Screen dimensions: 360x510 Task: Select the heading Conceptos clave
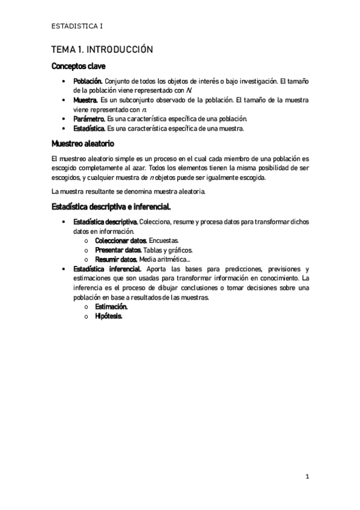click(79, 66)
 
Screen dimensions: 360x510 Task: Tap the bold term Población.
click(88, 81)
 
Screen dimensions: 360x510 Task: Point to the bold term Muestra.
click(85, 100)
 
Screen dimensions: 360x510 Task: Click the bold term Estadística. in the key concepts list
click(89, 129)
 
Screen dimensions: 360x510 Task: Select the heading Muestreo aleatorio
click(83, 144)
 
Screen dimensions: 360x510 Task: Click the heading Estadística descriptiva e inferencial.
click(111, 207)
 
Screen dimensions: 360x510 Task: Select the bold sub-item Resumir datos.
click(115, 259)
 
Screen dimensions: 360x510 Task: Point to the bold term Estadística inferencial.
click(108, 269)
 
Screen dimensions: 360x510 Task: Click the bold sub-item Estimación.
click(111, 307)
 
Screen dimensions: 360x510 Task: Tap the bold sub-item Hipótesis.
click(109, 316)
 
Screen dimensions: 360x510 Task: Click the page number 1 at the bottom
click(307, 477)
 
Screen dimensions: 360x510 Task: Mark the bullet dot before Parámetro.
click(64, 120)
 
